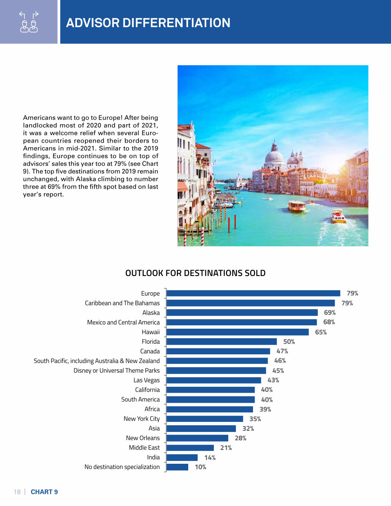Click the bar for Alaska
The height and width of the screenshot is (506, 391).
(242, 312)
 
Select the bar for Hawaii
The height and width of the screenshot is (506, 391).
(238, 332)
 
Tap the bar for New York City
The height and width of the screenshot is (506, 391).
(204, 419)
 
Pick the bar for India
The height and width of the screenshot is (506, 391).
(182, 457)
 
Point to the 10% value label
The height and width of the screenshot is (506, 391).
(200, 467)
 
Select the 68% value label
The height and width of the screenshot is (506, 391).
(329, 322)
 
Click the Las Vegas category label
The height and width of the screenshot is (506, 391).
(146, 380)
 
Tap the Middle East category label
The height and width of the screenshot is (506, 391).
(144, 447)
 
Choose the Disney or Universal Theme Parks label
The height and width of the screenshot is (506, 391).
(117, 371)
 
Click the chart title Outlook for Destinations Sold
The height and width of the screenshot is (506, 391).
(195, 273)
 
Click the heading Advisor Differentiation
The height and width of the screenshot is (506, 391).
(148, 23)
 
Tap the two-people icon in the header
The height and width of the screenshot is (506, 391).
(29, 22)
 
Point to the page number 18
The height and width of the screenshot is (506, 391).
(17, 492)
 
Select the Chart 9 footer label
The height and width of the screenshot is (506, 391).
(44, 492)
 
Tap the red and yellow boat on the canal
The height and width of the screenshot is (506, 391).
(338, 216)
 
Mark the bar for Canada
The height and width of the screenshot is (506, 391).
(218, 351)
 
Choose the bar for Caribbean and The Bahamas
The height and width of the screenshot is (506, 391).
(250, 303)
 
